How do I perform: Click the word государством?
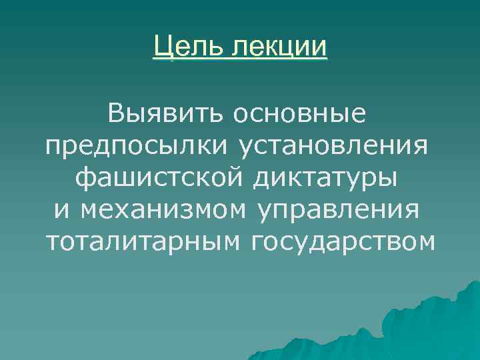click(x=343, y=241)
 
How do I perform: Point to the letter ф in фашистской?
click(x=83, y=177)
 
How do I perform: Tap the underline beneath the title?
click(x=240, y=59)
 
